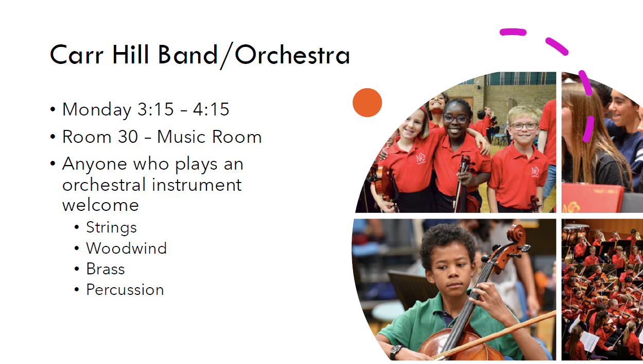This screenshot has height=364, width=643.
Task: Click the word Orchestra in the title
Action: (292, 55)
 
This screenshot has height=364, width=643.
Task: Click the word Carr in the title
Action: (76, 55)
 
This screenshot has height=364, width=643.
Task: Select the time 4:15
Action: (211, 109)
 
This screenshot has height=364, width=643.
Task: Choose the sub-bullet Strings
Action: (111, 228)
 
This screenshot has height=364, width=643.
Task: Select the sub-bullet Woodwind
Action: (126, 248)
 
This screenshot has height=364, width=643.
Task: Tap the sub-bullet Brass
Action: (106, 269)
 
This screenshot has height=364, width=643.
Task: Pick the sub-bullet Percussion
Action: (125, 290)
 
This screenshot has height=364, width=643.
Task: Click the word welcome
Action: (100, 205)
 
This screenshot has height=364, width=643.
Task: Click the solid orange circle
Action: (367, 103)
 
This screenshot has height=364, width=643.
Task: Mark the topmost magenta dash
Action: (513, 32)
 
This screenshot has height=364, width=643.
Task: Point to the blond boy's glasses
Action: (524, 126)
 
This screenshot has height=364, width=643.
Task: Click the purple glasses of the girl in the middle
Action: (456, 118)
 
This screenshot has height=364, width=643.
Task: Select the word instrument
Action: (197, 185)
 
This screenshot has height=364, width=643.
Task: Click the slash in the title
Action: (226, 56)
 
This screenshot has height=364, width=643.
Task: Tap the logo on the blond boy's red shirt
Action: (535, 171)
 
